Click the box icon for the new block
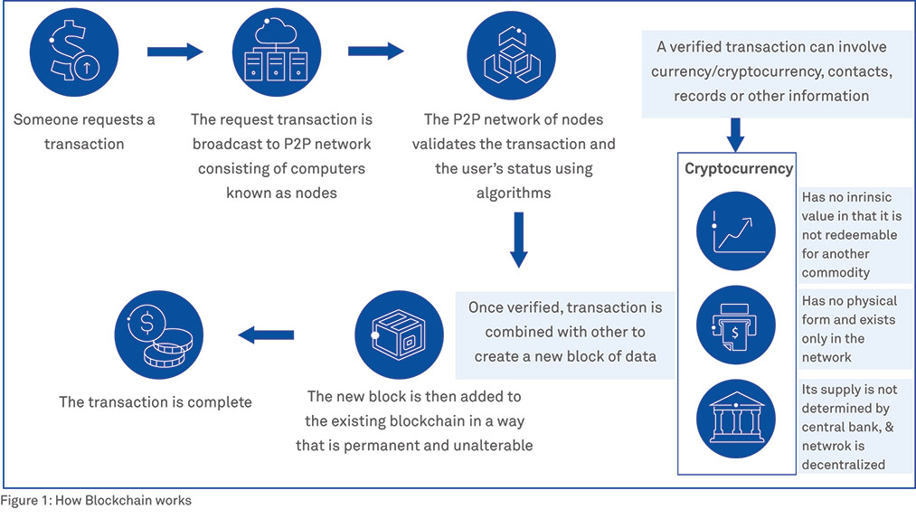tap(400, 335)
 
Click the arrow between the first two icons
tap(175, 52)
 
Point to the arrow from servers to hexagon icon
tap(376, 52)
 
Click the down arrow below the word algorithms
tap(518, 240)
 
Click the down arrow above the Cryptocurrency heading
tap(736, 134)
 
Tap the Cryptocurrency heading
tap(738, 168)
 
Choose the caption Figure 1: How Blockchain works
tap(96, 500)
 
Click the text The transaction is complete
tap(156, 401)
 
